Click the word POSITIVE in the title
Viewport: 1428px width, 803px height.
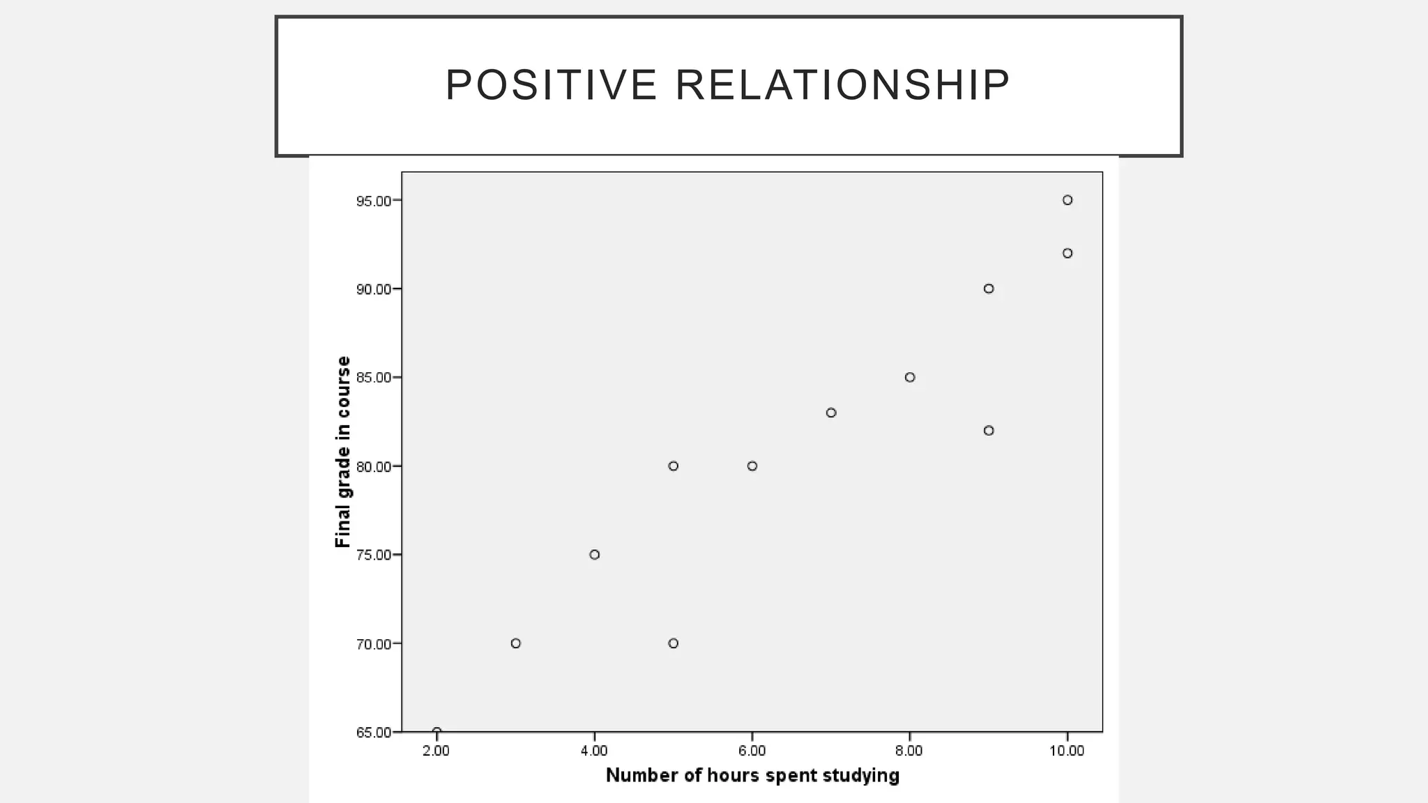point(551,85)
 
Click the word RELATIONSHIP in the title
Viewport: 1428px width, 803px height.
point(842,85)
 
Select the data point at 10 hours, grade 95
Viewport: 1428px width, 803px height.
point(1068,200)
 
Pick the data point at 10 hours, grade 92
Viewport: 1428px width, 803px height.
point(1068,253)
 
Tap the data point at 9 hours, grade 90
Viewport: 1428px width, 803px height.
point(989,289)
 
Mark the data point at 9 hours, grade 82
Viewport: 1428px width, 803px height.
point(989,431)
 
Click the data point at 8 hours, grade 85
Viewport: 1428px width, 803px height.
point(910,377)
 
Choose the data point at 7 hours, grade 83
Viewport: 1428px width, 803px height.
point(831,413)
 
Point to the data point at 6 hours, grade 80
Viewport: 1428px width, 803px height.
point(752,466)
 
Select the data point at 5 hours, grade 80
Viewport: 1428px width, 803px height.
point(673,466)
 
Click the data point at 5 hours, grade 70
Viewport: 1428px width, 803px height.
point(673,643)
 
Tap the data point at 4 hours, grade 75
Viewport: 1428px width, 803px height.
point(595,555)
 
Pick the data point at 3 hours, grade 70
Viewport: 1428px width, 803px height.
point(516,643)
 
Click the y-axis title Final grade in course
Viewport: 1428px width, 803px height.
point(342,452)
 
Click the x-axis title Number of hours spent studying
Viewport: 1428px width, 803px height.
point(752,775)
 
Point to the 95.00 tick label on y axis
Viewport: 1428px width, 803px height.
point(374,201)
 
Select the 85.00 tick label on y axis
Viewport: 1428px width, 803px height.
point(374,378)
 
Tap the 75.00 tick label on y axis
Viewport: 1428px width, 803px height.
point(374,556)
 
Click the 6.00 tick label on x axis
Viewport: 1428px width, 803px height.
point(752,751)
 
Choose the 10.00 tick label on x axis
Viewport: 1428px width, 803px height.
point(1067,751)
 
